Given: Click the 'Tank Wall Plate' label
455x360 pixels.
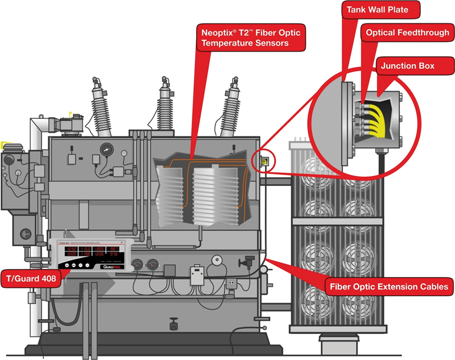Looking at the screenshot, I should (x=378, y=10).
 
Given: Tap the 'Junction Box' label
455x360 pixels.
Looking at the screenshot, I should (x=407, y=66).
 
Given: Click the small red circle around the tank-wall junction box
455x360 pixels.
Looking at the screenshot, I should (x=264, y=160).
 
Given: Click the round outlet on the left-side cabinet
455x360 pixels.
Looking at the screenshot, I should (x=25, y=233).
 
